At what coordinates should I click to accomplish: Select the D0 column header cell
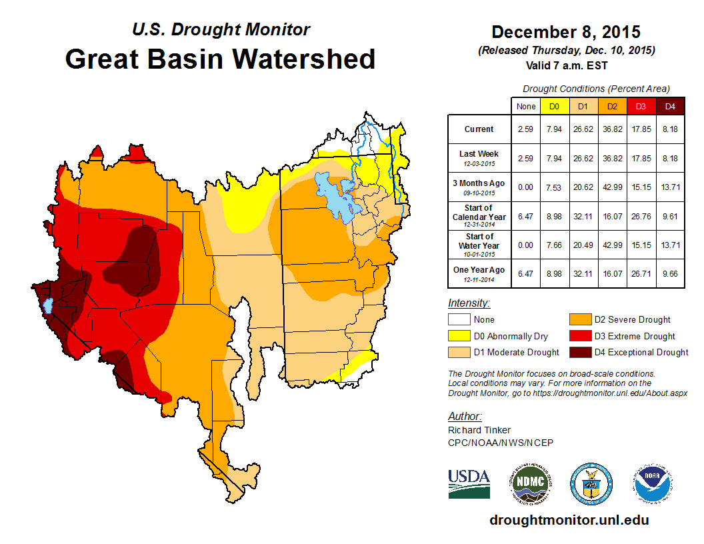553,106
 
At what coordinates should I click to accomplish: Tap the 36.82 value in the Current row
612,129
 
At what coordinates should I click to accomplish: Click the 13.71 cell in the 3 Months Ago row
670,187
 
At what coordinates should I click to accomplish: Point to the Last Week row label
479,158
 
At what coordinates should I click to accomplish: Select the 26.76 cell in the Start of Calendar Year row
641,216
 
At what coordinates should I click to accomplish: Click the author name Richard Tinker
479,430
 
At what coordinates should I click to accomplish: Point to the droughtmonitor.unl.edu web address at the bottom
569,520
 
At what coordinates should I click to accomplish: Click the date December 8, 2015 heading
565,32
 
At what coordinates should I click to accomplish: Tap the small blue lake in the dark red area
47,306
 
